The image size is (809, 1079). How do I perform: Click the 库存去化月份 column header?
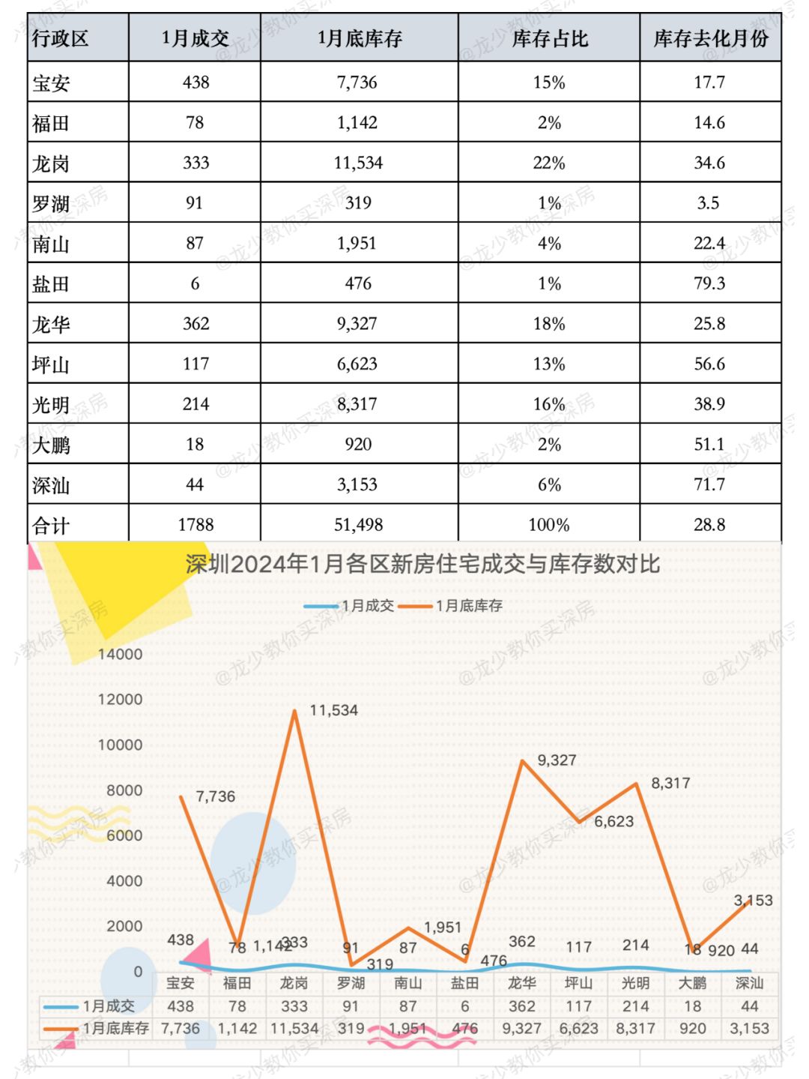pos(710,38)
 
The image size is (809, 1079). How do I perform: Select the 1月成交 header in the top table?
pos(195,38)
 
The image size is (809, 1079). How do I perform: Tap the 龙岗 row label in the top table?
pos(51,163)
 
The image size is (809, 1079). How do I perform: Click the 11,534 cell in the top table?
pos(358,163)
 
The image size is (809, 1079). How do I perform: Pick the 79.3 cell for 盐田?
pos(709,283)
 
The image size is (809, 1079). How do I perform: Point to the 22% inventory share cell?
pos(548,163)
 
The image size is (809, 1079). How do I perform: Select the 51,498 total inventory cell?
pos(358,525)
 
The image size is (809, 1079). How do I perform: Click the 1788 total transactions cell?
pos(196,525)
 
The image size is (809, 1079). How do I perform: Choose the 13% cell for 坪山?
pos(548,364)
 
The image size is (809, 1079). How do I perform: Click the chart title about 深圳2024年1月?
pos(422,564)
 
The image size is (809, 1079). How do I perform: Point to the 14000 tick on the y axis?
pos(120,654)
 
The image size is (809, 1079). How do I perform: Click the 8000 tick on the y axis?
pos(124,790)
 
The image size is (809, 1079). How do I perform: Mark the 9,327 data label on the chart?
pos(557,760)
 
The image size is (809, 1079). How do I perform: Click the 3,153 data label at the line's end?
pos(753,901)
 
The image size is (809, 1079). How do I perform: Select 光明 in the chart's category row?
pos(635,983)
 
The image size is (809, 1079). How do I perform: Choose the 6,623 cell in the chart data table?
pos(578,1028)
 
